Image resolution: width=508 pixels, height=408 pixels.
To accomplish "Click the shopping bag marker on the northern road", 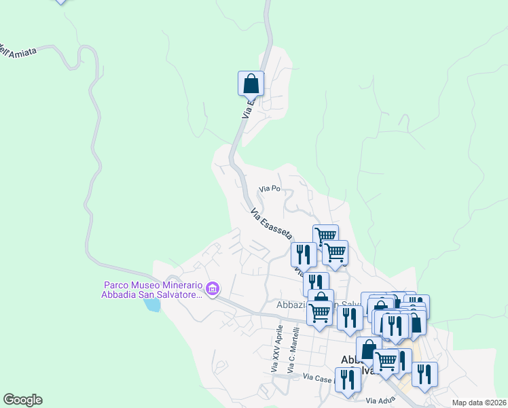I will click(x=251, y=84).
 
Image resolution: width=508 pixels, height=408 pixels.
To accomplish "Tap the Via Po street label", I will click(x=270, y=188).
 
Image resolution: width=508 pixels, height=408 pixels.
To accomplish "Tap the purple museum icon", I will click(x=213, y=290).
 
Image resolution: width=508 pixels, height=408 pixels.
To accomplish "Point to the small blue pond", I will click(x=152, y=305).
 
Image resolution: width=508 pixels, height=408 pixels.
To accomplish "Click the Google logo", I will click(x=22, y=400).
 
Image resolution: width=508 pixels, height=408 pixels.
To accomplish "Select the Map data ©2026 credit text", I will click(x=479, y=402).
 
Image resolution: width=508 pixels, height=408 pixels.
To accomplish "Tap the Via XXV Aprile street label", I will click(x=276, y=348).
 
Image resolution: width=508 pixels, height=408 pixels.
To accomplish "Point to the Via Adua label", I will click(x=380, y=401).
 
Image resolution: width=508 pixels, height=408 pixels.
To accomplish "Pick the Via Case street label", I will click(x=318, y=377).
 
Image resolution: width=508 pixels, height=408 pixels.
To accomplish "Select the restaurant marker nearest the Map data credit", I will click(x=424, y=374).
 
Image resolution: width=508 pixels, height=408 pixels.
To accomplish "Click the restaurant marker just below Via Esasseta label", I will click(x=304, y=254).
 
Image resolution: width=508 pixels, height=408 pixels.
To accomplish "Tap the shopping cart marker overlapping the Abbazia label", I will click(x=319, y=313).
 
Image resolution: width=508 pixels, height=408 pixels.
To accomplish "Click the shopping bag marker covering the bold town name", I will click(x=368, y=350).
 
